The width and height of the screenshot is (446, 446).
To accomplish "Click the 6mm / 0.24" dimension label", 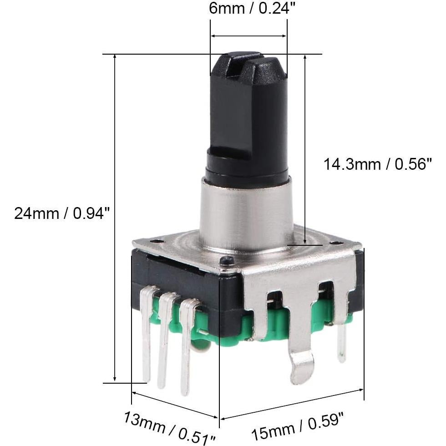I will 249,9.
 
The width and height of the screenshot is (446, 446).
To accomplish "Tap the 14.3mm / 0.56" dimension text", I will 377,164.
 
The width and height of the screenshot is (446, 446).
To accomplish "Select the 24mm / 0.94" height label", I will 62,213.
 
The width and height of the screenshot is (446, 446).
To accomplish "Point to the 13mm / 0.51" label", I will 169,426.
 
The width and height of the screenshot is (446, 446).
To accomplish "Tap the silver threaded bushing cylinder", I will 246,214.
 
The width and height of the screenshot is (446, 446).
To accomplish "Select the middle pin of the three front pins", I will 164,346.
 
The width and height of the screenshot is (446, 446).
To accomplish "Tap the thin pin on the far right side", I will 342,344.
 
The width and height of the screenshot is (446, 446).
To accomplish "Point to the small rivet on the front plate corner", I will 226,261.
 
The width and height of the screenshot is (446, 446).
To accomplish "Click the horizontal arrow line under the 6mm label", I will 248,35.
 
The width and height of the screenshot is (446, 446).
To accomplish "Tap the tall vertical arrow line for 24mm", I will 115,218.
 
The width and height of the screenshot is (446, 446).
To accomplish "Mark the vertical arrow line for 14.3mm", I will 304,150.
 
